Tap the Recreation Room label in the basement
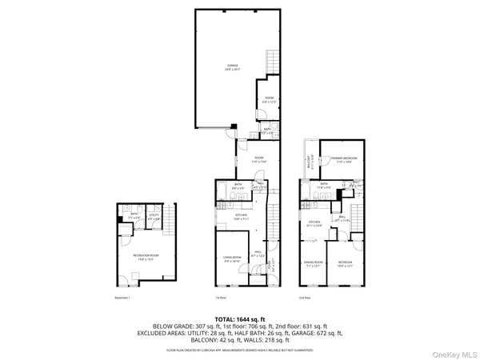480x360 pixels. [145, 256]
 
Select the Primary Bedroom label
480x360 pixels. [344, 159]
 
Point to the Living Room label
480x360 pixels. [233, 258]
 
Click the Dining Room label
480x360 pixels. [312, 263]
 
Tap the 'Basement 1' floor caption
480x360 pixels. [122, 297]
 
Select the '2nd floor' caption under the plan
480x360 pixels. [303, 297]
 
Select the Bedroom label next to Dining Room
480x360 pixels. [345, 263]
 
